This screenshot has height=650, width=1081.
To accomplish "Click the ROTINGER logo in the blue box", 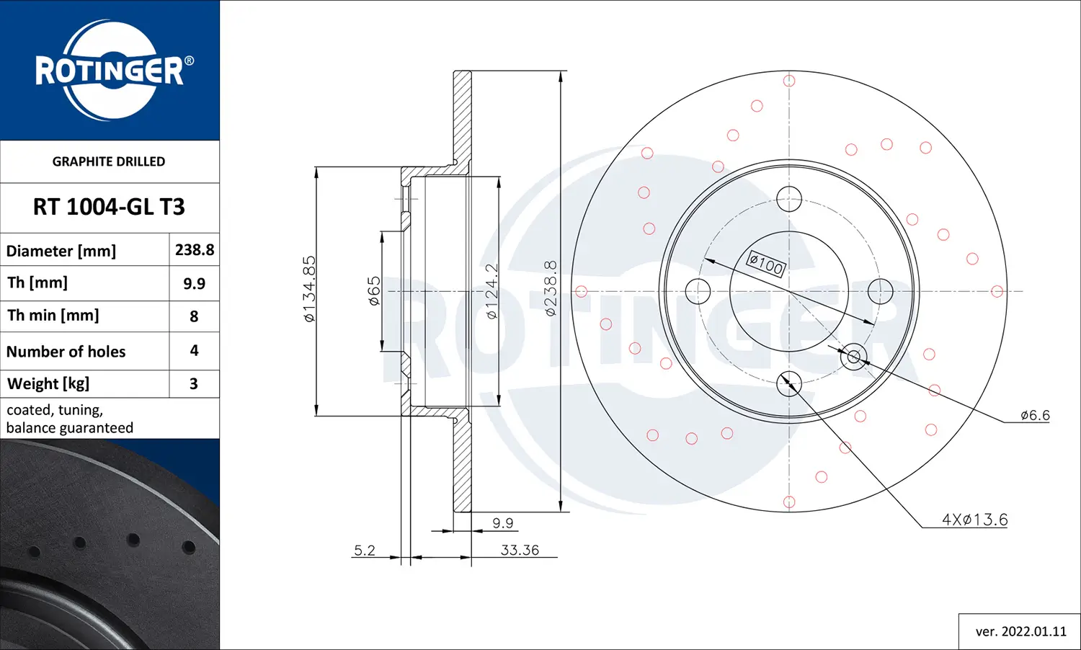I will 110,71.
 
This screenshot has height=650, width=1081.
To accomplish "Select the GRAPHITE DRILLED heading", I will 109,161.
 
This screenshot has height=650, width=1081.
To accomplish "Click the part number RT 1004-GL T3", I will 109,208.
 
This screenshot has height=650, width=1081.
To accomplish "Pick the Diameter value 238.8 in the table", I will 195,250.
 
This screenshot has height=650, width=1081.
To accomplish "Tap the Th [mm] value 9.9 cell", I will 194,283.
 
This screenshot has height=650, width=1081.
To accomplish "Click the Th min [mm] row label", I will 53,316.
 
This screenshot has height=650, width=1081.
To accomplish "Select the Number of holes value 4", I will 194,351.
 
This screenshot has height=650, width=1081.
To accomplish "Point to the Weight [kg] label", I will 48,383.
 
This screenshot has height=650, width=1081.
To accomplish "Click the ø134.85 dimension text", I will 309,288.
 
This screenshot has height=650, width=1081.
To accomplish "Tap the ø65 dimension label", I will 374,291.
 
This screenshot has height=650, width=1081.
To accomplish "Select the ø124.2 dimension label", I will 491,291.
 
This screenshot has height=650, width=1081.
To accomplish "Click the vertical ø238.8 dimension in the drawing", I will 551,288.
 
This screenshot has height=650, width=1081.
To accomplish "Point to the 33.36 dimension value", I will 520,550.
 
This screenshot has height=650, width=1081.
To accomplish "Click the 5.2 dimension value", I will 365,550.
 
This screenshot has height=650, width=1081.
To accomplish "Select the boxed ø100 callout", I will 765,264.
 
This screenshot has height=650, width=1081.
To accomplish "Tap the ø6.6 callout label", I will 1035,415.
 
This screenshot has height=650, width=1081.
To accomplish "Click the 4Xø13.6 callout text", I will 974,520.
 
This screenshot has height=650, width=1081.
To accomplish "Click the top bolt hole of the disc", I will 789,198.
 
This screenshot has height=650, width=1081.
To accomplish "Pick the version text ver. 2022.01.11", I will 1020,631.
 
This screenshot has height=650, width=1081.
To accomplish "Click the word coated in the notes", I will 29,410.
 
